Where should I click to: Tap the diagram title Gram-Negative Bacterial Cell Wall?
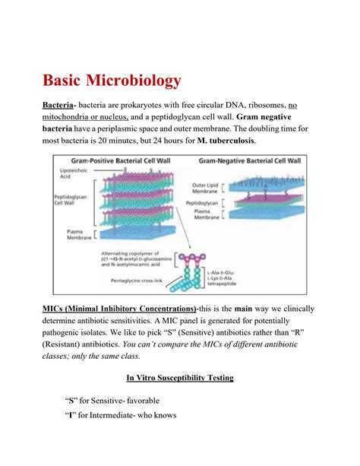[x=248, y=160]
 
